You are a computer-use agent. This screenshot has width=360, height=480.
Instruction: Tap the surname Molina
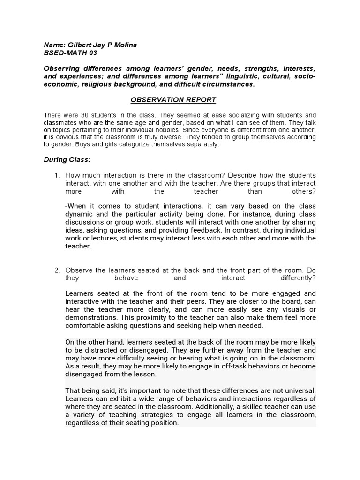click(x=124, y=45)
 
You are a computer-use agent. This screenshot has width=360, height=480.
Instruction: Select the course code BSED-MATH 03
click(x=70, y=53)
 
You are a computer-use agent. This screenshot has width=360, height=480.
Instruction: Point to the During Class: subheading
click(x=67, y=160)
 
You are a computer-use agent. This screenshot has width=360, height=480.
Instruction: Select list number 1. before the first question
click(x=57, y=175)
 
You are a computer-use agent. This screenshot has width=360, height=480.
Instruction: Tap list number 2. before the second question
click(x=57, y=270)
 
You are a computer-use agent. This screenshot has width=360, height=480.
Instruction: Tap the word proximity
click(x=152, y=317)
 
